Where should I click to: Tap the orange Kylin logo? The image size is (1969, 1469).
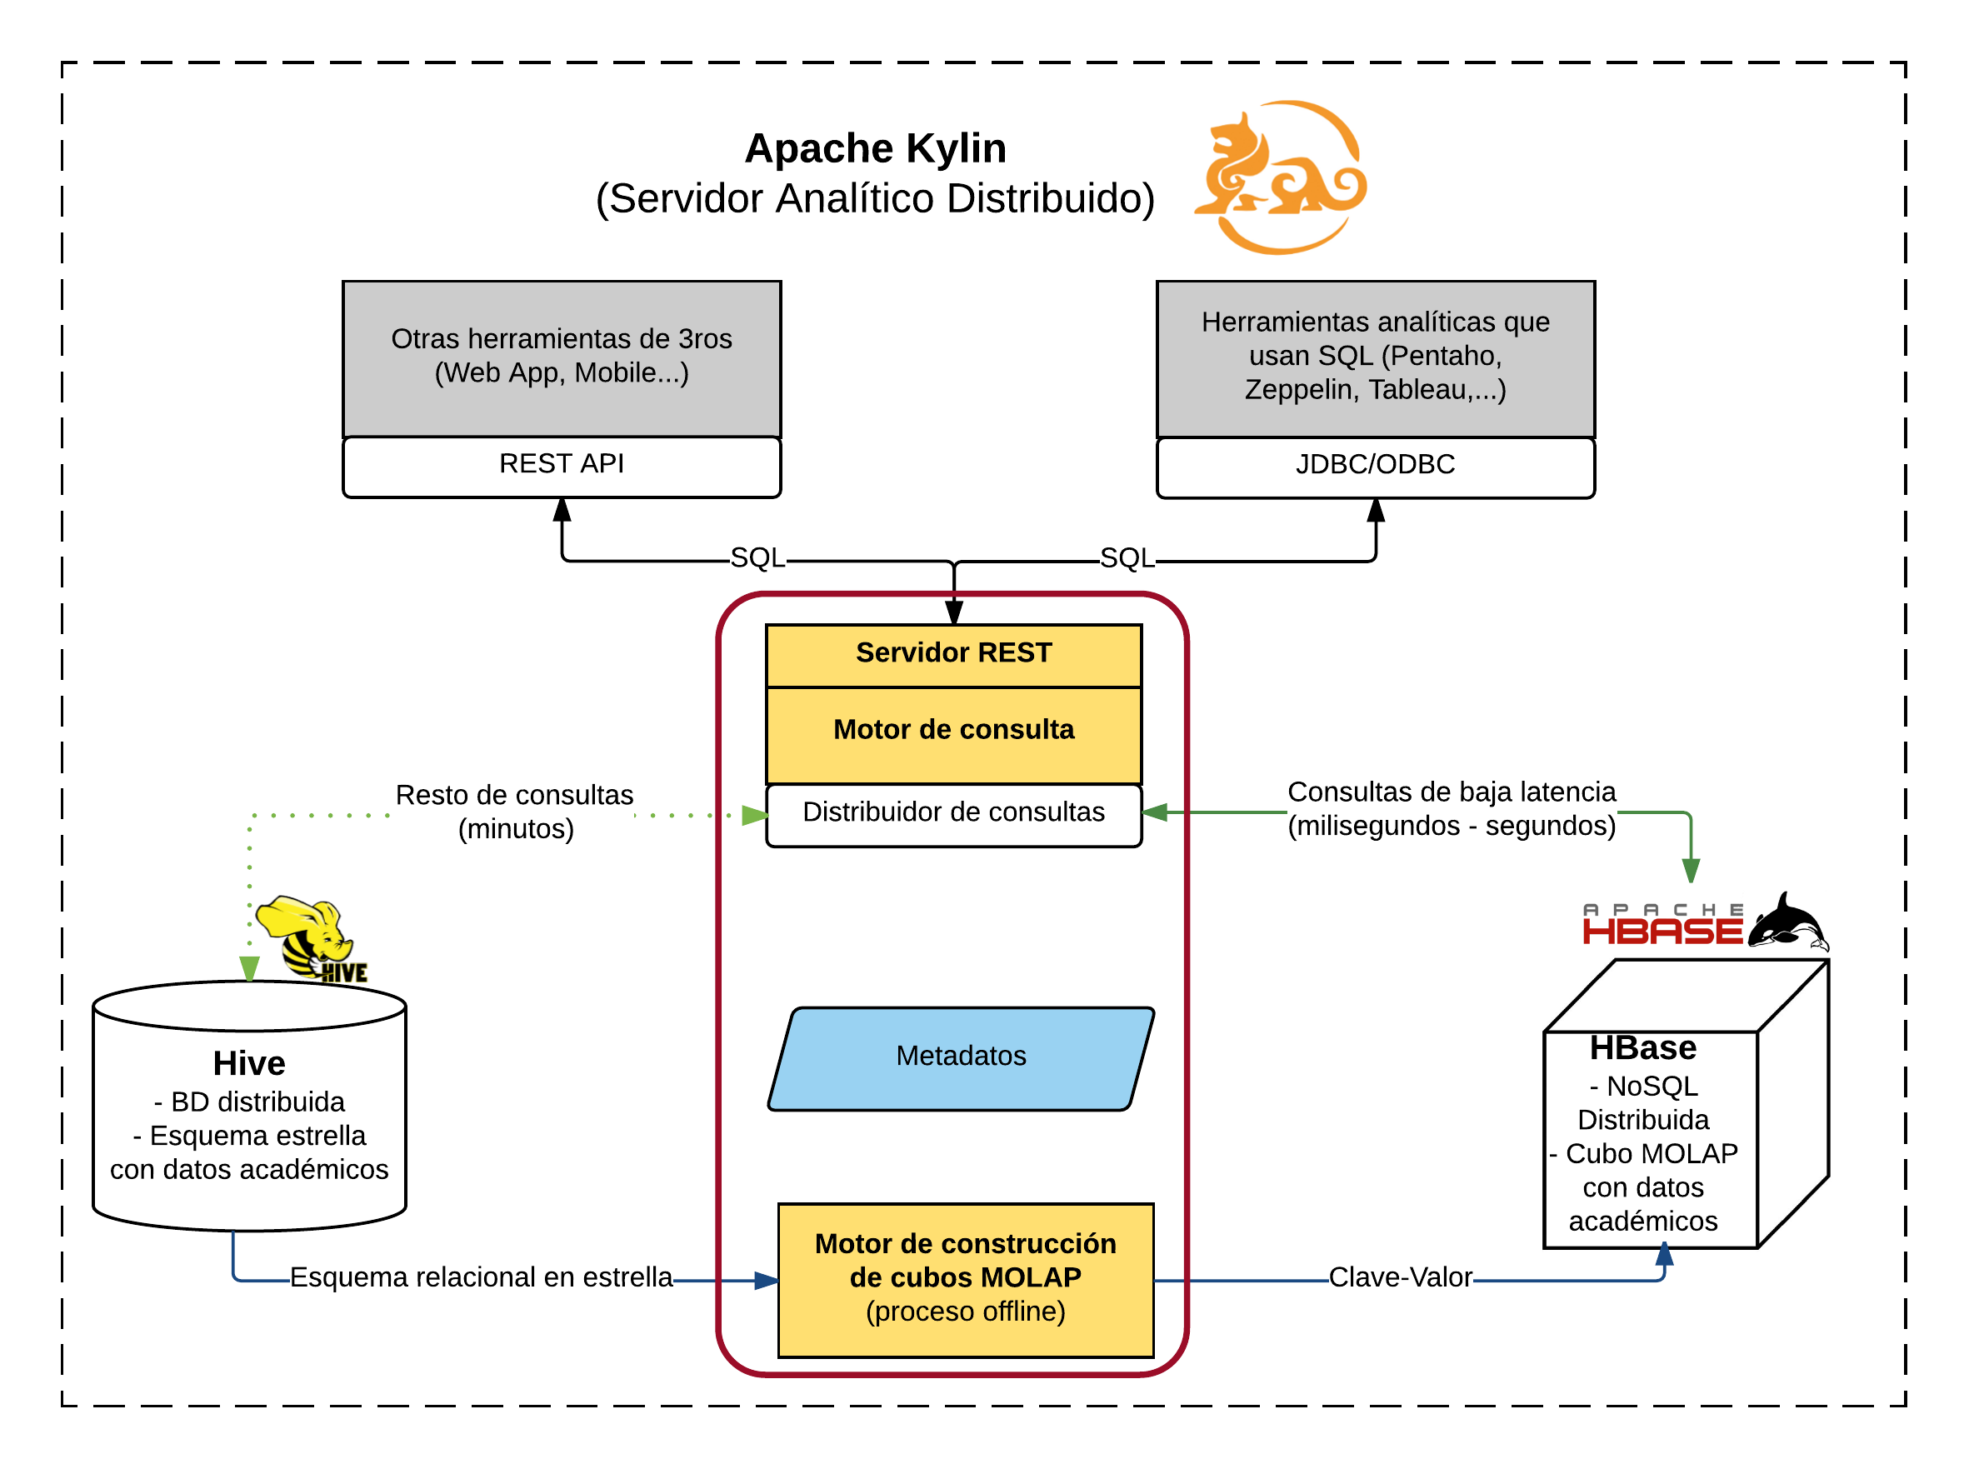pyautogui.click(x=1280, y=177)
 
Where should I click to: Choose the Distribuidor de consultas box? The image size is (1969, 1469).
pyautogui.click(x=953, y=812)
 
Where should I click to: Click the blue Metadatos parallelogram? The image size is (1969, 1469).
pyautogui.click(x=961, y=1057)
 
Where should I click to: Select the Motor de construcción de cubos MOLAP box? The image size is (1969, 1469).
pyautogui.click(x=965, y=1279)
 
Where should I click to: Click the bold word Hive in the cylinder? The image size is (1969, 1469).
pyautogui.click(x=249, y=1063)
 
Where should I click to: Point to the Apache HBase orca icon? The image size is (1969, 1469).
pyautogui.click(x=1788, y=923)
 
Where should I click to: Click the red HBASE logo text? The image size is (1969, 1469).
pyautogui.click(x=1662, y=930)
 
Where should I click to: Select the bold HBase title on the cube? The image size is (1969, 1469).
pyautogui.click(x=1642, y=1048)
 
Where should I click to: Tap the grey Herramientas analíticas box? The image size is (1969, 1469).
pyautogui.click(x=1375, y=357)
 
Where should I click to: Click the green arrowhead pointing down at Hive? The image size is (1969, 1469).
pyautogui.click(x=249, y=967)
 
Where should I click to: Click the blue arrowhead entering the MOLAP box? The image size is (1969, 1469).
pyautogui.click(x=766, y=1281)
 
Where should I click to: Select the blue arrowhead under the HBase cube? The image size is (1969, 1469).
pyautogui.click(x=1664, y=1256)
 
